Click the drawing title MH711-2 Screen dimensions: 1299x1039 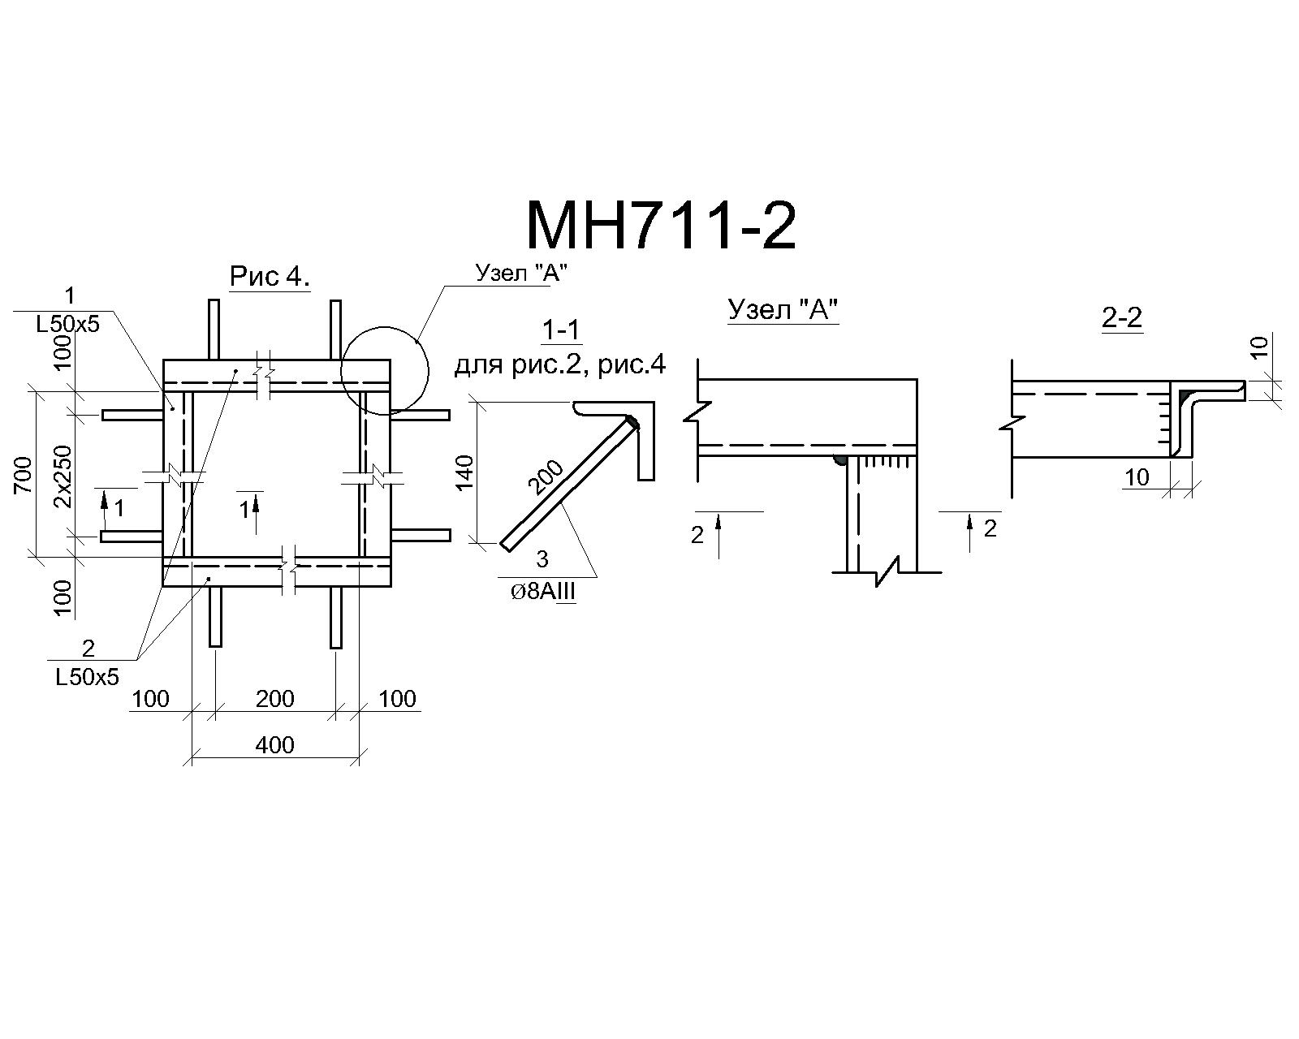click(661, 227)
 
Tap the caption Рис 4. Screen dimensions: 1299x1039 click(270, 277)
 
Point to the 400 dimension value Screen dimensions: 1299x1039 click(274, 746)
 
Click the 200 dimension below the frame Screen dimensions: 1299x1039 click(274, 699)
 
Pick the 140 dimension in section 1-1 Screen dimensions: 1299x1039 click(464, 473)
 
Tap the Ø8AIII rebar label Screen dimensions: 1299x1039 click(542, 593)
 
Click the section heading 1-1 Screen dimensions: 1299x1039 click(561, 331)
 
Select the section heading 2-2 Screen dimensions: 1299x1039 click(1121, 317)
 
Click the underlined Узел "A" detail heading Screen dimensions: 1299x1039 click(783, 310)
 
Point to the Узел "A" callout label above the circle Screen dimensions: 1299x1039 click(521, 273)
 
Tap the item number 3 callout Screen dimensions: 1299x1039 click(542, 559)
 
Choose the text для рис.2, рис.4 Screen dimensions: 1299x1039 click(559, 365)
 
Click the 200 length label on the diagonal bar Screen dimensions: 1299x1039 click(546, 477)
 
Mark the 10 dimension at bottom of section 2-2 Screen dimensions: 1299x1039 click(1137, 477)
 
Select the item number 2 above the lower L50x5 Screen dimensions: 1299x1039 click(88, 649)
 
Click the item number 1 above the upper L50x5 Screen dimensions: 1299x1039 click(70, 295)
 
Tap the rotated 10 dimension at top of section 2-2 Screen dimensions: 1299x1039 click(1260, 347)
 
